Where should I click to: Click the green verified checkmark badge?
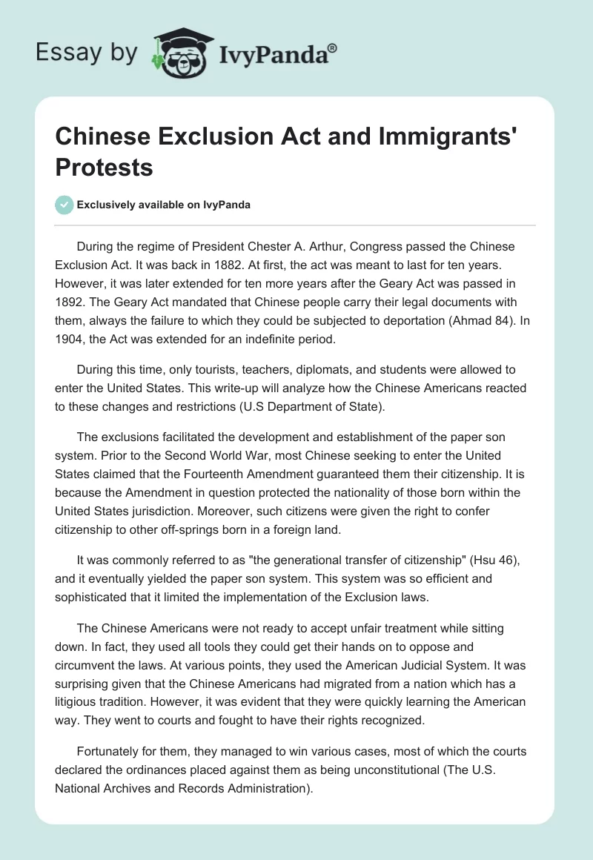pyautogui.click(x=64, y=205)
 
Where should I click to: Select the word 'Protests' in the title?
pyautogui.click(x=104, y=168)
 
